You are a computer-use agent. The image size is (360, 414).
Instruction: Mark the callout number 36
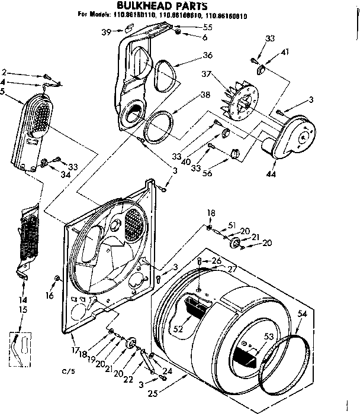[207, 55]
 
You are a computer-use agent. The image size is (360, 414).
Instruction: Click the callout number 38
[204, 94]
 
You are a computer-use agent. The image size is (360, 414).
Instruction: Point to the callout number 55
[208, 27]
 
